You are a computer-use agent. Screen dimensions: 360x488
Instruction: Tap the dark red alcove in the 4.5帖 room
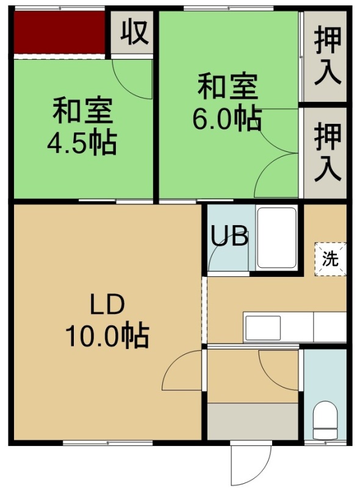pyautogui.click(x=59, y=32)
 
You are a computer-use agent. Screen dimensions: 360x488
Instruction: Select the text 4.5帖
pyautogui.click(x=82, y=143)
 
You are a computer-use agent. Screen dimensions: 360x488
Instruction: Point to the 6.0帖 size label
pyautogui.click(x=227, y=120)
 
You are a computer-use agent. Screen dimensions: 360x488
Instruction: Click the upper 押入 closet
pyautogui.click(x=325, y=56)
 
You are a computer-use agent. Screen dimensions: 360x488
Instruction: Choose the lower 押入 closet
pyautogui.click(x=325, y=152)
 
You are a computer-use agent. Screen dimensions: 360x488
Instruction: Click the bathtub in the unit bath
pyautogui.click(x=277, y=238)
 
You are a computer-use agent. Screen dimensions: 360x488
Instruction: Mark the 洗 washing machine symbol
pyautogui.click(x=331, y=259)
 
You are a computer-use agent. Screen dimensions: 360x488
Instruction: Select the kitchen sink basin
pyautogui.click(x=263, y=328)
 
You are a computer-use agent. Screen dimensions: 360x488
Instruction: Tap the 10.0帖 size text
pyautogui.click(x=107, y=336)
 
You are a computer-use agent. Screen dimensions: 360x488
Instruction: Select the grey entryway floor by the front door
pyautogui.click(x=253, y=422)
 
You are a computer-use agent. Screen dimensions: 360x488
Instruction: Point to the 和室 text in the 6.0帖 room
pyautogui.click(x=228, y=86)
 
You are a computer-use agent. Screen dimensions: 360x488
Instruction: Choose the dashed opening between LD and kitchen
pyautogui.click(x=204, y=310)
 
